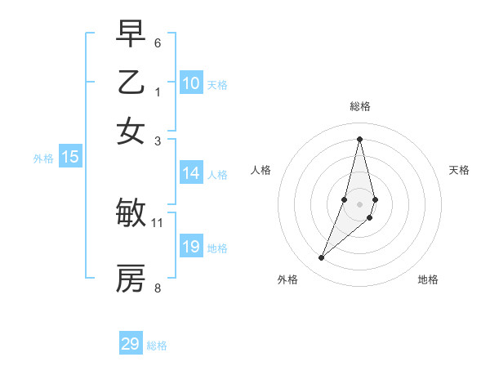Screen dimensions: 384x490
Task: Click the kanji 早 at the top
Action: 131,33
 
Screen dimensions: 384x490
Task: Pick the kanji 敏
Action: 131,213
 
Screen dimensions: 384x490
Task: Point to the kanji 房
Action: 131,279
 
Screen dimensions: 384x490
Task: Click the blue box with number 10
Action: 191,83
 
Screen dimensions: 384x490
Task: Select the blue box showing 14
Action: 191,173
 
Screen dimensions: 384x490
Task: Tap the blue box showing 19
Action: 191,247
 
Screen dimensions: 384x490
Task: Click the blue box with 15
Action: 70,157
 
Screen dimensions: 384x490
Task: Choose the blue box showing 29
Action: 131,344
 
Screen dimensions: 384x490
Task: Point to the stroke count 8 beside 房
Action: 158,288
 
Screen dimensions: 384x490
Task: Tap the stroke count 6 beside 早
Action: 158,42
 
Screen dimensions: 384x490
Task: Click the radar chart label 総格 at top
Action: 359,106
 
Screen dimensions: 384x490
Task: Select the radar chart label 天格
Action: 460,170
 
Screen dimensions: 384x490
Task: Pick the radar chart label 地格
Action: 428,279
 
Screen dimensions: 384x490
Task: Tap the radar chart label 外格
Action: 287,279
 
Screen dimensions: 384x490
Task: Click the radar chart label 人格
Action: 261,170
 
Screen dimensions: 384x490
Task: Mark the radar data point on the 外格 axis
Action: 322,258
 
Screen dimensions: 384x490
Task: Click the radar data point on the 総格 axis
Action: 359,139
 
